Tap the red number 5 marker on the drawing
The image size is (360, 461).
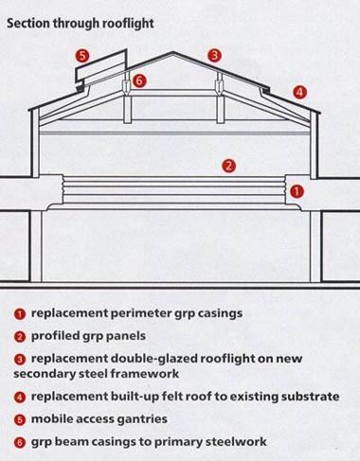(82, 56)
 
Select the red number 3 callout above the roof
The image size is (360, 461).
(214, 56)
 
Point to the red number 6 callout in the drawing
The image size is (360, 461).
(139, 80)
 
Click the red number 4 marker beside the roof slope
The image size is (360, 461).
(299, 93)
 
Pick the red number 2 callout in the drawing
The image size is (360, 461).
(228, 166)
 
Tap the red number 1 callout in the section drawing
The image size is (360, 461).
(297, 191)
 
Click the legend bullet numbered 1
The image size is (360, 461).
(20, 314)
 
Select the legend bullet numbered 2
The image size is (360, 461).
(20, 337)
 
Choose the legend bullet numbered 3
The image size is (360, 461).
(20, 360)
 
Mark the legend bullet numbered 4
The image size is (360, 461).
(20, 398)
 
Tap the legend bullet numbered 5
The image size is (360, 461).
(20, 420)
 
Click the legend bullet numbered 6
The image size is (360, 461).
(20, 443)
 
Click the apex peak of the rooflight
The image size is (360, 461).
(172, 52)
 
